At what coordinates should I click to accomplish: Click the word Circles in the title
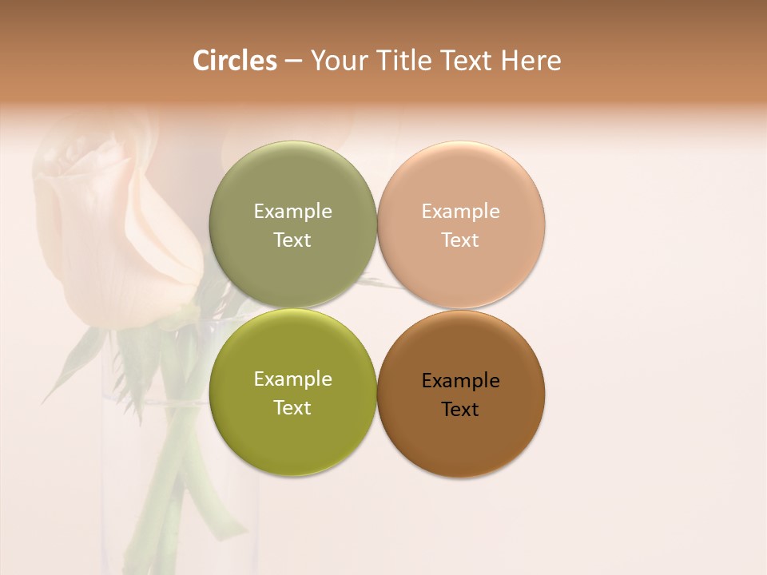point(234,61)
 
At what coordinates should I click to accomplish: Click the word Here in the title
point(531,61)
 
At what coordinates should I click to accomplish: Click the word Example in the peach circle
point(460,212)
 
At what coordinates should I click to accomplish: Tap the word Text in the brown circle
point(460,410)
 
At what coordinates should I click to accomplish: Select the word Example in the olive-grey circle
point(292,212)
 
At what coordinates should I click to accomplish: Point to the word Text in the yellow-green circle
point(292,408)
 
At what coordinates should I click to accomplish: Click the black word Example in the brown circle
point(460,381)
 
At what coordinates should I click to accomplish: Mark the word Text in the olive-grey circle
point(292,240)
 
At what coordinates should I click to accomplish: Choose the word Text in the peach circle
point(460,240)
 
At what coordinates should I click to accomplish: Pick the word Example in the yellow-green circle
point(292,379)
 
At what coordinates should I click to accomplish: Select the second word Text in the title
point(467,61)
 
